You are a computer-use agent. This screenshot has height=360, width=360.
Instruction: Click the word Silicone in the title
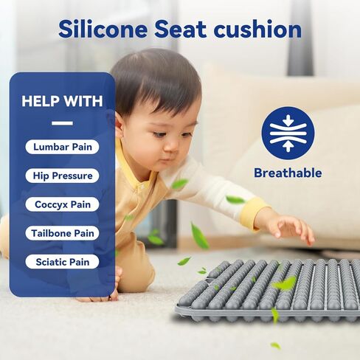[103, 29]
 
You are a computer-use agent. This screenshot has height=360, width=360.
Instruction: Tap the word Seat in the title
[180, 30]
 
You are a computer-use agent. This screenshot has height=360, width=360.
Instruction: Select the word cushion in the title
[257, 29]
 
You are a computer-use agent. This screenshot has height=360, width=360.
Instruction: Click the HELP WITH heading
[62, 101]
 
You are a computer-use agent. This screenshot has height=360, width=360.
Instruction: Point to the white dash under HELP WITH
[62, 123]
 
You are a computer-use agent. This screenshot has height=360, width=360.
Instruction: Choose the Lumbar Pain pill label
[62, 147]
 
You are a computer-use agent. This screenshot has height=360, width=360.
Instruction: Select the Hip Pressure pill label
[62, 176]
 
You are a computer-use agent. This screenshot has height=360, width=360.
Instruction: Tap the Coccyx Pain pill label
[62, 204]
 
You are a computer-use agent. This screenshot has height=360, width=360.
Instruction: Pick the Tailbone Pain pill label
[62, 233]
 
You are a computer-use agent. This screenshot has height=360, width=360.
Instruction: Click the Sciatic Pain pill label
[62, 262]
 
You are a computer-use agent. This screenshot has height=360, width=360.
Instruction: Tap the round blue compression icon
[288, 133]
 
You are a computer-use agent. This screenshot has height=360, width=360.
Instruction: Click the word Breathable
[288, 173]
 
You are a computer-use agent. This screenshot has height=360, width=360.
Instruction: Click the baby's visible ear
[120, 125]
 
